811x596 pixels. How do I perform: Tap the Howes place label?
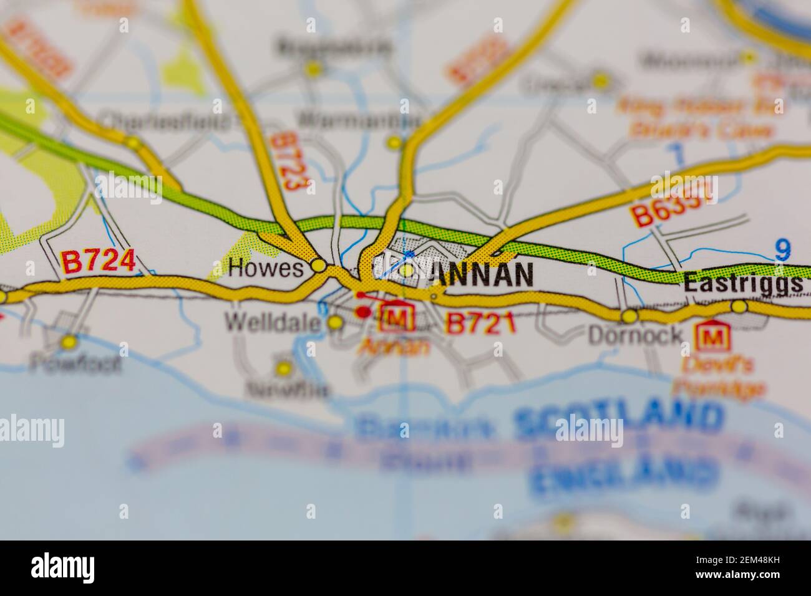(x=266, y=269)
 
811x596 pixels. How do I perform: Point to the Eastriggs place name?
(x=742, y=284)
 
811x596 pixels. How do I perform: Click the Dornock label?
(x=636, y=336)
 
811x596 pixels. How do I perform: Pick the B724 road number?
(x=98, y=262)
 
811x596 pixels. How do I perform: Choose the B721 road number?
(x=480, y=324)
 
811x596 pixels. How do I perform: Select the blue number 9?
(x=782, y=250)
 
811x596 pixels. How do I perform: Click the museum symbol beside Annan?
(x=400, y=319)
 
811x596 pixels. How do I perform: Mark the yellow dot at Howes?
(x=319, y=266)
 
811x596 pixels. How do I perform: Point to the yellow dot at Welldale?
(x=336, y=322)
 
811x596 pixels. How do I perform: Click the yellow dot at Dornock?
(x=629, y=316)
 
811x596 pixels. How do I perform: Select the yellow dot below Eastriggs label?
(x=739, y=306)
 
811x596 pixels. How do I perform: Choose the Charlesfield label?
(x=165, y=120)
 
